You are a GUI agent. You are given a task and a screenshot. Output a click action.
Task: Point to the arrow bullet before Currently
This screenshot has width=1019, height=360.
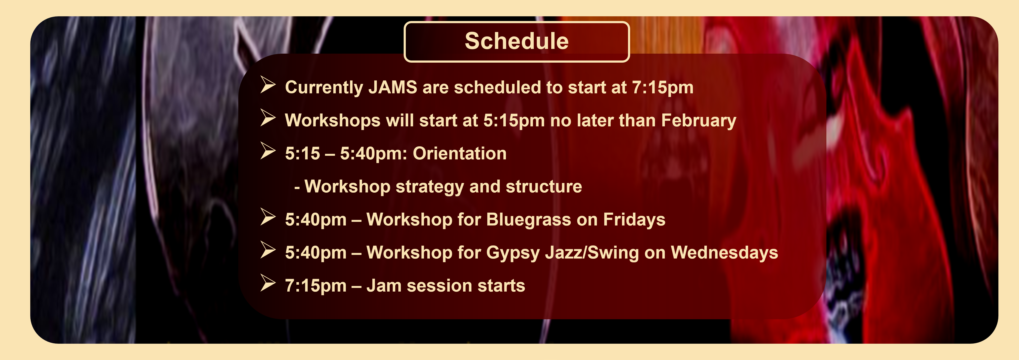click(268, 85)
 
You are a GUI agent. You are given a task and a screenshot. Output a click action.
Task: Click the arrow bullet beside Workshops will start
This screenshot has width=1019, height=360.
click(268, 118)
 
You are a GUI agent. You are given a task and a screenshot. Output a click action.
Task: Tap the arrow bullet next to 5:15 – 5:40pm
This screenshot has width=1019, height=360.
click(268, 151)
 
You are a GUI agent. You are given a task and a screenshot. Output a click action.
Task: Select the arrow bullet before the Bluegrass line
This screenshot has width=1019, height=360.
click(268, 217)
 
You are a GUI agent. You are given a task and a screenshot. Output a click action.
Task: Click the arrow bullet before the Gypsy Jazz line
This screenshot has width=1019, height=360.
click(268, 250)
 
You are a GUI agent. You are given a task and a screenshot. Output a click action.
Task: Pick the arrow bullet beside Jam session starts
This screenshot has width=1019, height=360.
click(268, 283)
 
